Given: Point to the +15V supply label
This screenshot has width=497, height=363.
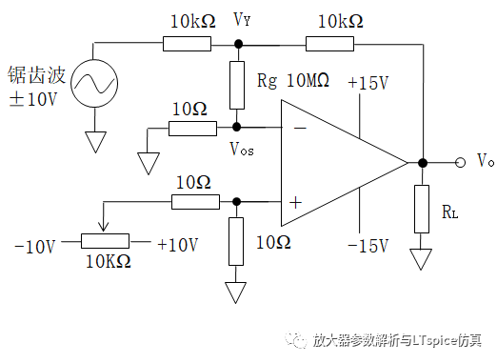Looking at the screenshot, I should tap(368, 83).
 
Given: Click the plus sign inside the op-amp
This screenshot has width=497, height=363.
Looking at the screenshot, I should tap(295, 202).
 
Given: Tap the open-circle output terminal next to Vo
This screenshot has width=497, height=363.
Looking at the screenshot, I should tap(460, 162).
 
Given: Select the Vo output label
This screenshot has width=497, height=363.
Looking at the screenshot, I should tap(484, 160).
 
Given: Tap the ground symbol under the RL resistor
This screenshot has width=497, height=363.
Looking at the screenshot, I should tap(420, 258).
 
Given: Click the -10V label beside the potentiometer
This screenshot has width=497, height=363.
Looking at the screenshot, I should tap(36, 246).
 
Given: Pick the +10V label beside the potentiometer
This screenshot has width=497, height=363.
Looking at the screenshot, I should tap(176, 246).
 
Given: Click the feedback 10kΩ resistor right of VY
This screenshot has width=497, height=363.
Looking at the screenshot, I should tap(329, 43).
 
